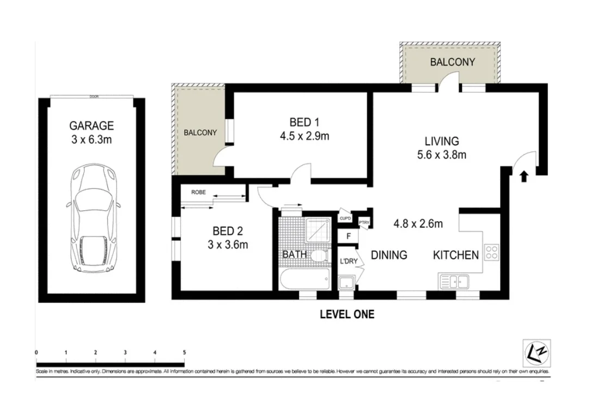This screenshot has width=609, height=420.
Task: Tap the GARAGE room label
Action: (x=92, y=125)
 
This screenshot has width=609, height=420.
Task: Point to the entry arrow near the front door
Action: (x=524, y=176)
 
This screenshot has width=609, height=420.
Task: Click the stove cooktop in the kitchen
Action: (x=491, y=252)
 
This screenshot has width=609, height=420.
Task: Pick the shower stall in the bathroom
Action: (x=317, y=230)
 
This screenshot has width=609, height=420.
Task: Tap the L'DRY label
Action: (x=349, y=261)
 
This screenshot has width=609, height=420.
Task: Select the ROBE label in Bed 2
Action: (x=198, y=192)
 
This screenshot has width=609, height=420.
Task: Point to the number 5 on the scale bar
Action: (x=184, y=352)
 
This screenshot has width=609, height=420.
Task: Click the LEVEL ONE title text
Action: (x=346, y=314)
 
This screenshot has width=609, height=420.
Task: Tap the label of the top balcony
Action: (x=452, y=62)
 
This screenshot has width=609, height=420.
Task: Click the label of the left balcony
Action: (x=200, y=132)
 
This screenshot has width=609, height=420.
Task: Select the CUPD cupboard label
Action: (x=345, y=218)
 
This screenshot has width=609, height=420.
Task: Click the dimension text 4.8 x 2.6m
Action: (x=418, y=223)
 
